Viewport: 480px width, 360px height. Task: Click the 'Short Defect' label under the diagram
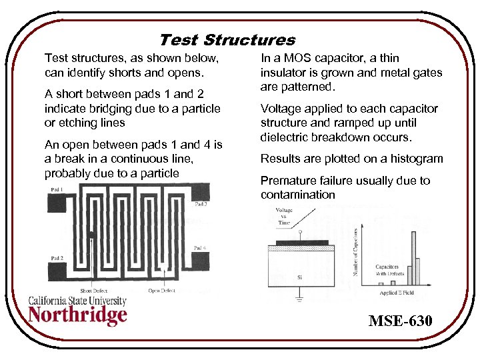click(93, 290)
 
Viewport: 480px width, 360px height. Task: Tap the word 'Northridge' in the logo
click(77, 315)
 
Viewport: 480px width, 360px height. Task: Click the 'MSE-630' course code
click(400, 322)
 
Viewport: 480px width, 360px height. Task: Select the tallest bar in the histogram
click(414, 256)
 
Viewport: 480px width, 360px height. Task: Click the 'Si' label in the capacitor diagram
click(299, 276)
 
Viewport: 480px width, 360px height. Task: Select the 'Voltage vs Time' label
click(284, 216)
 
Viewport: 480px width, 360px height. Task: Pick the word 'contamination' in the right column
click(297, 195)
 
